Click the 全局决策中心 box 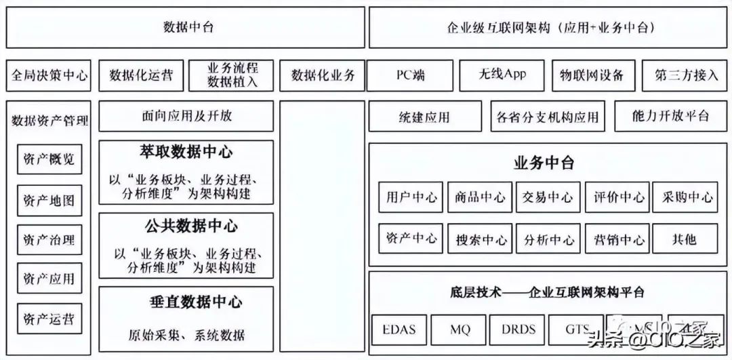(49, 76)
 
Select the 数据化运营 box (141, 76)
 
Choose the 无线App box (502, 75)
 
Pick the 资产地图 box (49, 201)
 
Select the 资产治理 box (49, 241)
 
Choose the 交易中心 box (548, 198)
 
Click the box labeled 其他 (684, 239)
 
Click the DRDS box (518, 331)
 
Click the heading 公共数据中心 (186, 226)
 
